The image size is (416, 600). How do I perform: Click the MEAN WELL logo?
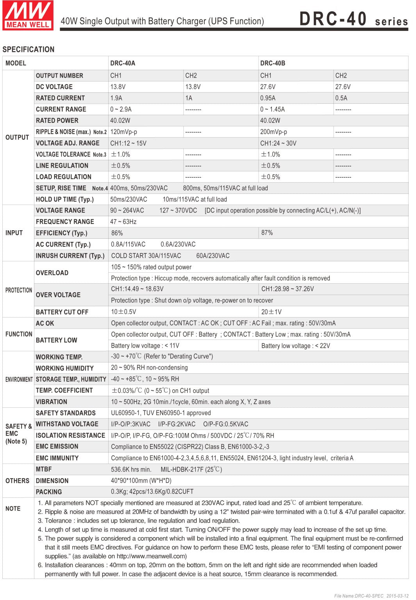pos(28,15)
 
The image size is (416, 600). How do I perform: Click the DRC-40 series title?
pos(353,19)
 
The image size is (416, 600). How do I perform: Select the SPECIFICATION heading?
pos(29,50)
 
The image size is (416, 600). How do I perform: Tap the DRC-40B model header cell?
pos(273,63)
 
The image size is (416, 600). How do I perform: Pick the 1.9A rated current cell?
pos(116,98)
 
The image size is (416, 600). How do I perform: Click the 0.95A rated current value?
pos(268,98)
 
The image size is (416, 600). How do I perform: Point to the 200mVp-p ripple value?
pos(273,132)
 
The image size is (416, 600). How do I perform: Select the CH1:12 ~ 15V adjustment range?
pos(128,143)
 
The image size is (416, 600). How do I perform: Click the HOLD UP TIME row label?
pos(65,199)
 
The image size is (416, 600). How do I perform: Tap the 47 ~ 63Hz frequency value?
pos(123,222)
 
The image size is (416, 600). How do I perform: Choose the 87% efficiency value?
pos(267,233)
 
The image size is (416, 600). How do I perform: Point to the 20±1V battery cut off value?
pos(271,312)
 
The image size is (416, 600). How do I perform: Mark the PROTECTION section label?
pos(19,290)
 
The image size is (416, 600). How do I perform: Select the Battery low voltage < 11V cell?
pos(145,346)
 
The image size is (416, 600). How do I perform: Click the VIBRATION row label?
pos(52,402)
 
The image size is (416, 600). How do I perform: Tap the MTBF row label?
pos(44,469)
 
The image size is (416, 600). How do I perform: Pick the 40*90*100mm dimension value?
pos(141,481)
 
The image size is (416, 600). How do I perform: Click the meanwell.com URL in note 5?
pos(152,556)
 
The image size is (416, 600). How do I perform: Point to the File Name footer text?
pos(371,596)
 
